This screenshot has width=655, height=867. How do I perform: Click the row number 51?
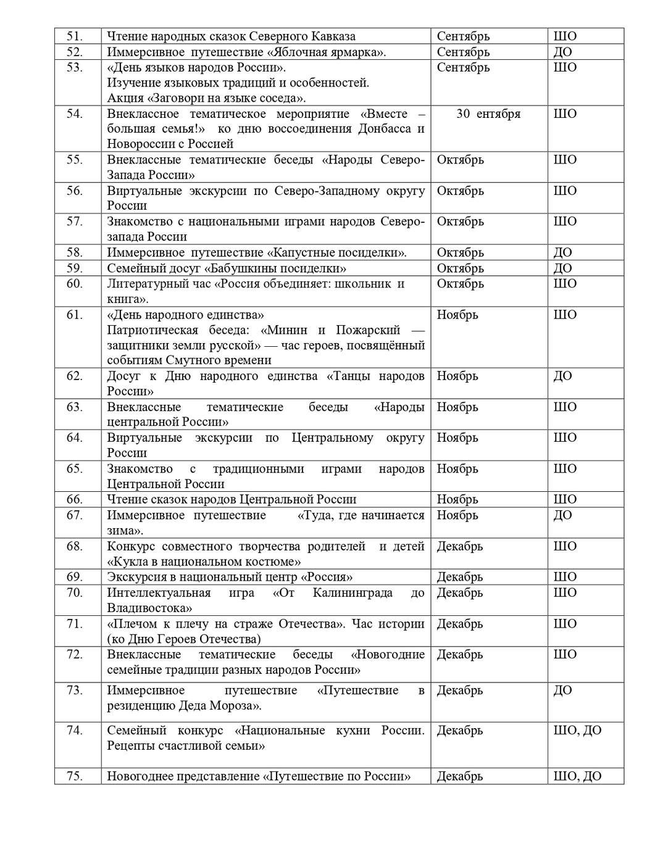coord(75,36)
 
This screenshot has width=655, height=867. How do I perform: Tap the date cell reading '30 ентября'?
coord(488,114)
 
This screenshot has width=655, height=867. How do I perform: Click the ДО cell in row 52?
coord(562,52)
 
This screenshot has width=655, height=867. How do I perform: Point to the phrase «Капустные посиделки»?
coord(336,252)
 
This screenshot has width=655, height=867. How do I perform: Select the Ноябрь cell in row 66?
coord(457,499)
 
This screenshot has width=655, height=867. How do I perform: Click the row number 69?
coord(75,577)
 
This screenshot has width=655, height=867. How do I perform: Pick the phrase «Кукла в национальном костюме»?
coord(204,562)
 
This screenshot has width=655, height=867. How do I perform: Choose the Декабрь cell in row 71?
coord(460,624)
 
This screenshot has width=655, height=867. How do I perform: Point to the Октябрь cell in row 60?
coord(460,284)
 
